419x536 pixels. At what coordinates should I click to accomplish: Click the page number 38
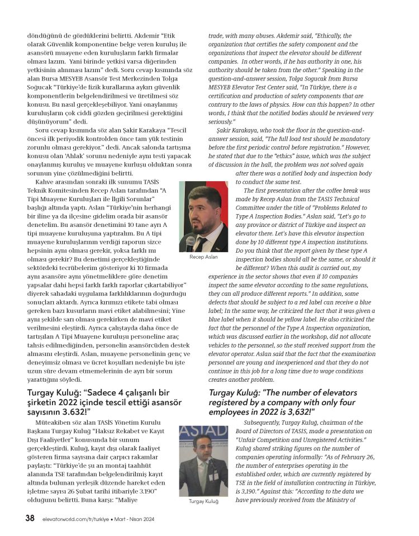pyautogui.click(x=30, y=518)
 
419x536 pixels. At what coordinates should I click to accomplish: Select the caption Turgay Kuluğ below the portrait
pyautogui.click(x=203, y=501)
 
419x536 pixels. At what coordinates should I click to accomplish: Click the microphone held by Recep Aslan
pyautogui.click(x=191, y=241)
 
